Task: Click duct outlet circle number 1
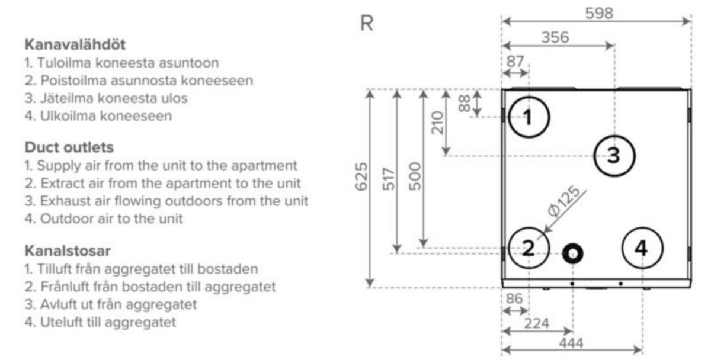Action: (529, 117)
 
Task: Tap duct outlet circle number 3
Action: (614, 155)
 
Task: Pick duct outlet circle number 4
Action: (642, 248)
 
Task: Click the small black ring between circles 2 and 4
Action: (572, 253)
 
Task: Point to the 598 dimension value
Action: (599, 13)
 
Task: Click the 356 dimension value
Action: (555, 37)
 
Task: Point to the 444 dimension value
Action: (571, 343)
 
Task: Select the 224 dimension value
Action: (537, 324)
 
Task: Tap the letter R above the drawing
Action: (367, 24)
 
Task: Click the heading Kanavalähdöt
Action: (75, 44)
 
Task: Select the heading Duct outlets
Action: (69, 147)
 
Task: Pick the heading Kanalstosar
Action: (68, 250)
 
